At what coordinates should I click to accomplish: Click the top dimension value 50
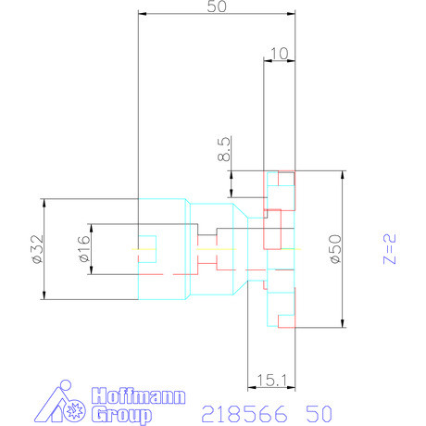coord(217,6)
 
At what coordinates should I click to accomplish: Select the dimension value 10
coord(279,54)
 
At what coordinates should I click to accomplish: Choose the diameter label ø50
coord(335,249)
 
